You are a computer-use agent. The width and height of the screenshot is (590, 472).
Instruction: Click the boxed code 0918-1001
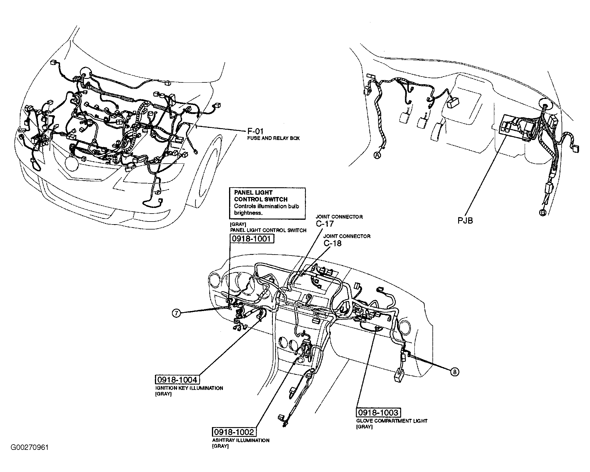[x=252, y=238]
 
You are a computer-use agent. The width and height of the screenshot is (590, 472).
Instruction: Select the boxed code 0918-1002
[x=234, y=432]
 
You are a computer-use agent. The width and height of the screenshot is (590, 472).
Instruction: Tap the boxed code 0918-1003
[x=379, y=412]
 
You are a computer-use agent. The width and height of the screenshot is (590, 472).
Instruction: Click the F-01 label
[x=255, y=131]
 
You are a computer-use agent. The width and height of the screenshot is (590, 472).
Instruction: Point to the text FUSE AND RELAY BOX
[x=273, y=138]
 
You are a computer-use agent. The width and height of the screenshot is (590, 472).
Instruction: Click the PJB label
[x=465, y=220]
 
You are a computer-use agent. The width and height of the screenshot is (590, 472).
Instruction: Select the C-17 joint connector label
[x=325, y=224]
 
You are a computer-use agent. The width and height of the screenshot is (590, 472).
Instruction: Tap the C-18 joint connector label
[x=332, y=243]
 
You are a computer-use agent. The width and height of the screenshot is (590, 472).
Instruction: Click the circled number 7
[x=176, y=314]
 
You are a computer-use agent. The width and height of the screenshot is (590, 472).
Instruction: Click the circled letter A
[x=377, y=155]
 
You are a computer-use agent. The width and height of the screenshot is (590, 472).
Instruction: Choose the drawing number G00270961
[x=30, y=447]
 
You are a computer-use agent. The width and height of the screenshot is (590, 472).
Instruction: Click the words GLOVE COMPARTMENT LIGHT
[x=392, y=421]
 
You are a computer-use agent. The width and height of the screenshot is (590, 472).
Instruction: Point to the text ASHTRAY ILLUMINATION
[x=241, y=440]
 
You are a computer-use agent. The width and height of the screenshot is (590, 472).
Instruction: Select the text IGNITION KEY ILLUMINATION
[x=189, y=388]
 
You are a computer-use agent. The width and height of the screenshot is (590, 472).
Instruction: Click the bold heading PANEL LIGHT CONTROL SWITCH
[x=261, y=196]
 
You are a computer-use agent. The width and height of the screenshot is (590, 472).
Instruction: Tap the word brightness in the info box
[x=248, y=213]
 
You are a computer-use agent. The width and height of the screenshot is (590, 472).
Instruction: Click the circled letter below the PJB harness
[x=542, y=212]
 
